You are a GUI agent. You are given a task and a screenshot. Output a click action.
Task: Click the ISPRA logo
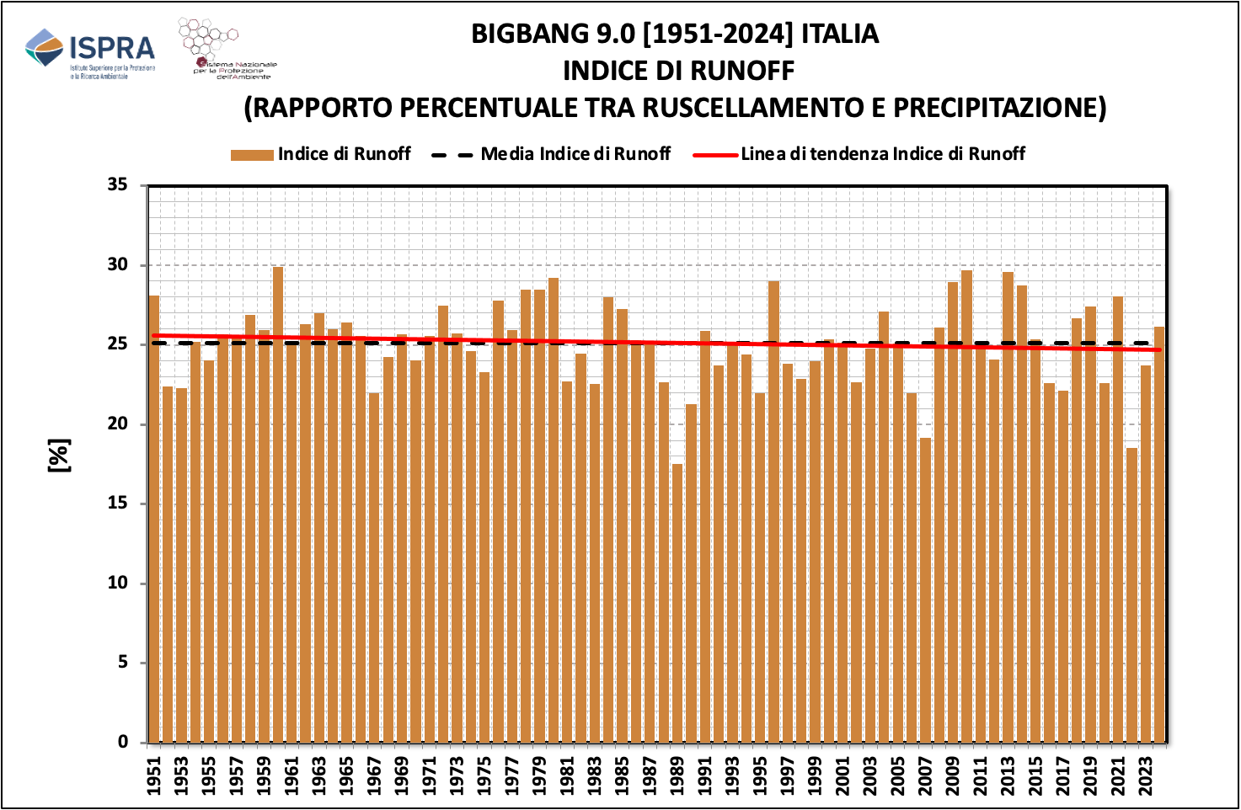coord(90,53)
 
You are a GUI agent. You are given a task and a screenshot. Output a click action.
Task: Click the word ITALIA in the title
coord(839,34)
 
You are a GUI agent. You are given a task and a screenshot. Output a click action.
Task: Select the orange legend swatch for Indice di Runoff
coord(252,155)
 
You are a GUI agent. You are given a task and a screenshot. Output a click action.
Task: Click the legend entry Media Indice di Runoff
coord(575,154)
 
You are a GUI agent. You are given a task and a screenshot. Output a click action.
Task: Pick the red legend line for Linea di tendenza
coord(714,155)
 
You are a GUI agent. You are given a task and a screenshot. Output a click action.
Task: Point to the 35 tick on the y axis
coord(118,185)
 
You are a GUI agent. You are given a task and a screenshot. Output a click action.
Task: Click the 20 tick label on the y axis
coord(118,424)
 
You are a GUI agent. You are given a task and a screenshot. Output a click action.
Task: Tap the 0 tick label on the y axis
coord(123,743)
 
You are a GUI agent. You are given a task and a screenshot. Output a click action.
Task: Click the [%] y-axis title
coord(59,456)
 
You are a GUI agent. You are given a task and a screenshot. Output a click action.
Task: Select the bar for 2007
coord(925,589)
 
